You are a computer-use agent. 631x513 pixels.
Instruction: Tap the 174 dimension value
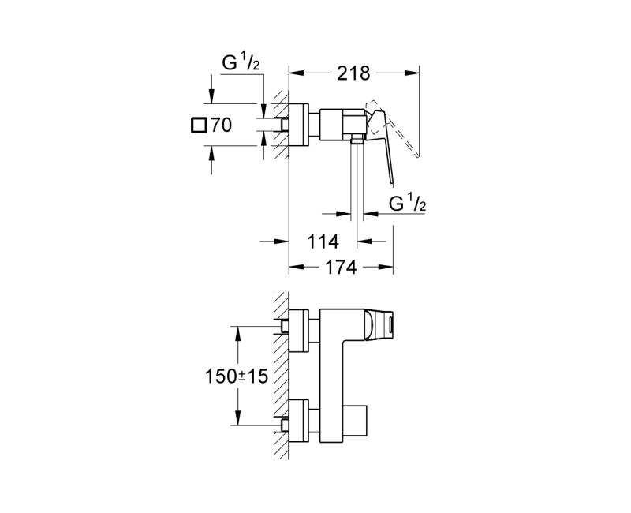tap(341, 268)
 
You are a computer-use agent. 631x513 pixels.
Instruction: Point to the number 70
tap(221, 125)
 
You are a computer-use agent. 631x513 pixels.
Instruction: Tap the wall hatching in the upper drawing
tap(280, 126)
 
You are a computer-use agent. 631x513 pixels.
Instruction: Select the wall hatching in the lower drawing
tap(280, 379)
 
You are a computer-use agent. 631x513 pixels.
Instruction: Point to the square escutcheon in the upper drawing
tap(301, 124)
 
